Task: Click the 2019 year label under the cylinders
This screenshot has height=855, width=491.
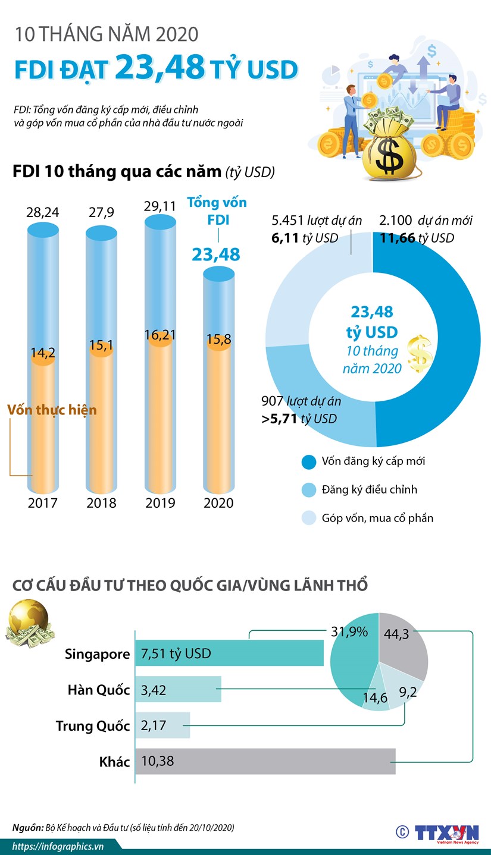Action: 160,502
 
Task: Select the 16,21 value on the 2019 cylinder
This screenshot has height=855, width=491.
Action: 160,335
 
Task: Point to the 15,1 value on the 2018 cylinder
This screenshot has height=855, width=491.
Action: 101,345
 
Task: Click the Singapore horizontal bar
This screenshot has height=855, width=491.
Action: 229,653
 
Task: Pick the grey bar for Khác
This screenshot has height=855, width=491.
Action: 265,760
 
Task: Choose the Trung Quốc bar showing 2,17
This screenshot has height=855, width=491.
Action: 162,725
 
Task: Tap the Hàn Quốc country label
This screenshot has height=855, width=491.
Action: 98,690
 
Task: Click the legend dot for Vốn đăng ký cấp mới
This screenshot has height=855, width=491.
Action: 309,461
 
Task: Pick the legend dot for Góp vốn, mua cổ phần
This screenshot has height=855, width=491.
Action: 309,517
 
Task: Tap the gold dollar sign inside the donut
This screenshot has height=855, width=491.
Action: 420,354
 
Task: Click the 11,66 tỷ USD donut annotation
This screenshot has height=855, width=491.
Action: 416,238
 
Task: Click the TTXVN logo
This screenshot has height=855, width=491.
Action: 446,831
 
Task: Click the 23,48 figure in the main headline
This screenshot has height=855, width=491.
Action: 160,67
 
